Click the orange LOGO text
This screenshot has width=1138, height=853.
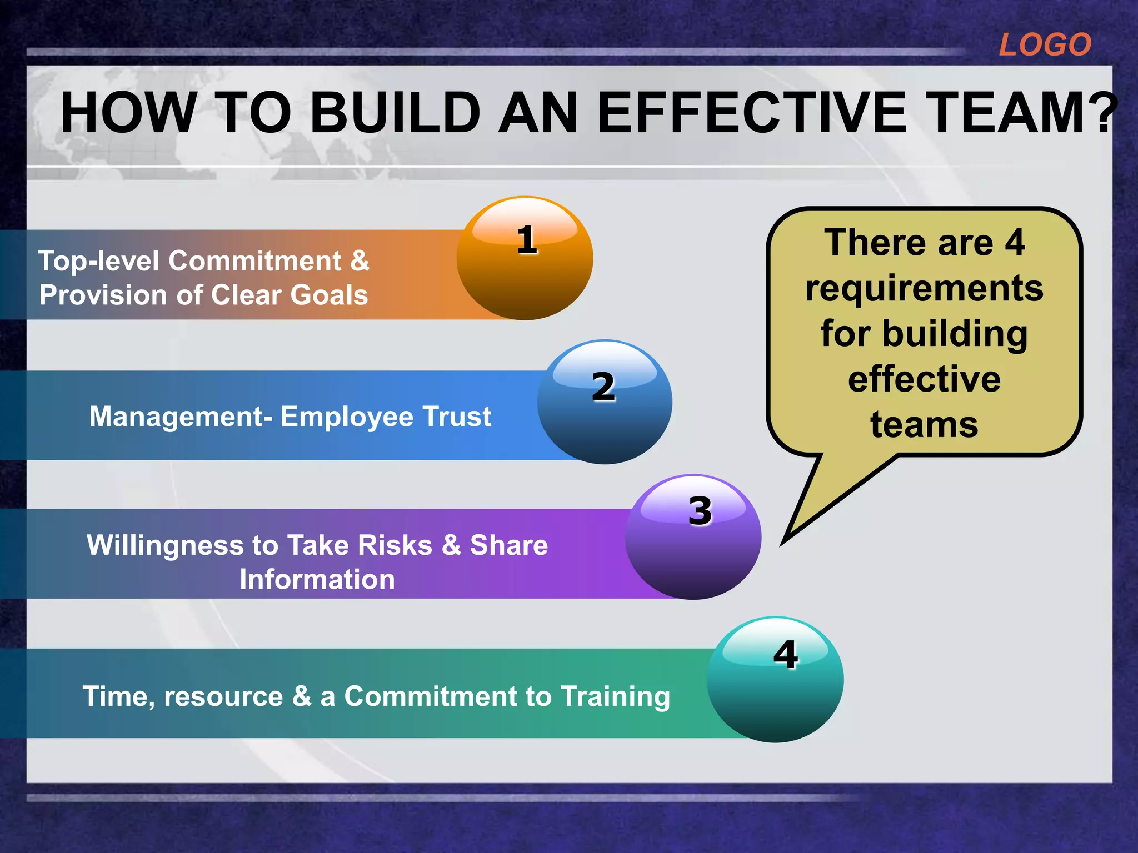pyautogui.click(x=1045, y=44)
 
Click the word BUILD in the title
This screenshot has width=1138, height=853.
pyautogui.click(x=395, y=113)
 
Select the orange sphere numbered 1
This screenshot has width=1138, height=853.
pyautogui.click(x=525, y=259)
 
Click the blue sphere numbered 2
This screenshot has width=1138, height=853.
pyautogui.click(x=605, y=403)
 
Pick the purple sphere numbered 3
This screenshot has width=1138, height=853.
pyautogui.click(x=693, y=538)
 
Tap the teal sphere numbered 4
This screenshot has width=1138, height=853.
pyautogui.click(x=775, y=680)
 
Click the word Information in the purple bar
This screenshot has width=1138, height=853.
pyautogui.click(x=317, y=579)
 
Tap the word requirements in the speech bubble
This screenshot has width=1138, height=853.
pyautogui.click(x=924, y=289)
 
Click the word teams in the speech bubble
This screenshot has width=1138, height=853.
pyautogui.click(x=924, y=425)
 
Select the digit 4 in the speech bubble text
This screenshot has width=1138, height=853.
pyautogui.click(x=1015, y=243)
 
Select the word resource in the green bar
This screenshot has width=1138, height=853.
pyautogui.click(x=223, y=696)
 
